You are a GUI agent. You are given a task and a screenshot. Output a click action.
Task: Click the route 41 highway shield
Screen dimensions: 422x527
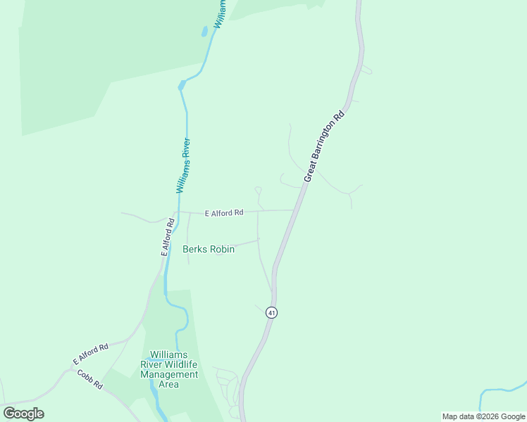click(x=271, y=312)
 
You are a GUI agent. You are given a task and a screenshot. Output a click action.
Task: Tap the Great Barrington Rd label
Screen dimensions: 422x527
click(x=324, y=146)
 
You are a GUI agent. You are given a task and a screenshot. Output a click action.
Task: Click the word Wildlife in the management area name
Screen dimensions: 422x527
click(x=180, y=364)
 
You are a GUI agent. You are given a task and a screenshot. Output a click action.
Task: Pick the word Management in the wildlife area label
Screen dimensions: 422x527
click(x=169, y=374)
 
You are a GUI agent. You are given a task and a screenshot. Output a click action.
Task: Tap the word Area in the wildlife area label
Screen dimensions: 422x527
click(x=169, y=384)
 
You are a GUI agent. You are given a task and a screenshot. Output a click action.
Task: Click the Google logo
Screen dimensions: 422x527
click(x=23, y=414)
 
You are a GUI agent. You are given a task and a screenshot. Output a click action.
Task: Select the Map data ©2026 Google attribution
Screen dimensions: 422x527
click(x=484, y=416)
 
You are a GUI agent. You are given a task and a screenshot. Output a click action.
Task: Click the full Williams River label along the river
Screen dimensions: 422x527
click(x=184, y=166)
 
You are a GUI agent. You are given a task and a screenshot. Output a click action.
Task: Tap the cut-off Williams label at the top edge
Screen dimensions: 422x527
click(x=220, y=13)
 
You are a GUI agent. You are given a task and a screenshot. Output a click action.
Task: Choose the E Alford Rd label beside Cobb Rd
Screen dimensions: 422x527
click(x=90, y=354)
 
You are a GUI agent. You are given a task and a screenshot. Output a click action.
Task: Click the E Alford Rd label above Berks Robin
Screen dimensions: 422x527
click(x=224, y=212)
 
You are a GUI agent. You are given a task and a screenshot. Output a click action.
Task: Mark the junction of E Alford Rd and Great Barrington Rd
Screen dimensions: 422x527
click(x=294, y=210)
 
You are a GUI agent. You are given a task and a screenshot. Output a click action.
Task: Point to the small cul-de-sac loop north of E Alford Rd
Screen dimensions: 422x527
click(x=258, y=189)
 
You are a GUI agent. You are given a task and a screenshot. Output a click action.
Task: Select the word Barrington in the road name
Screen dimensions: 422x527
click(x=328, y=139)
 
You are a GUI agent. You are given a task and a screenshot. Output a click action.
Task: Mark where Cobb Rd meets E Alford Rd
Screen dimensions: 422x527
click(x=72, y=368)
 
